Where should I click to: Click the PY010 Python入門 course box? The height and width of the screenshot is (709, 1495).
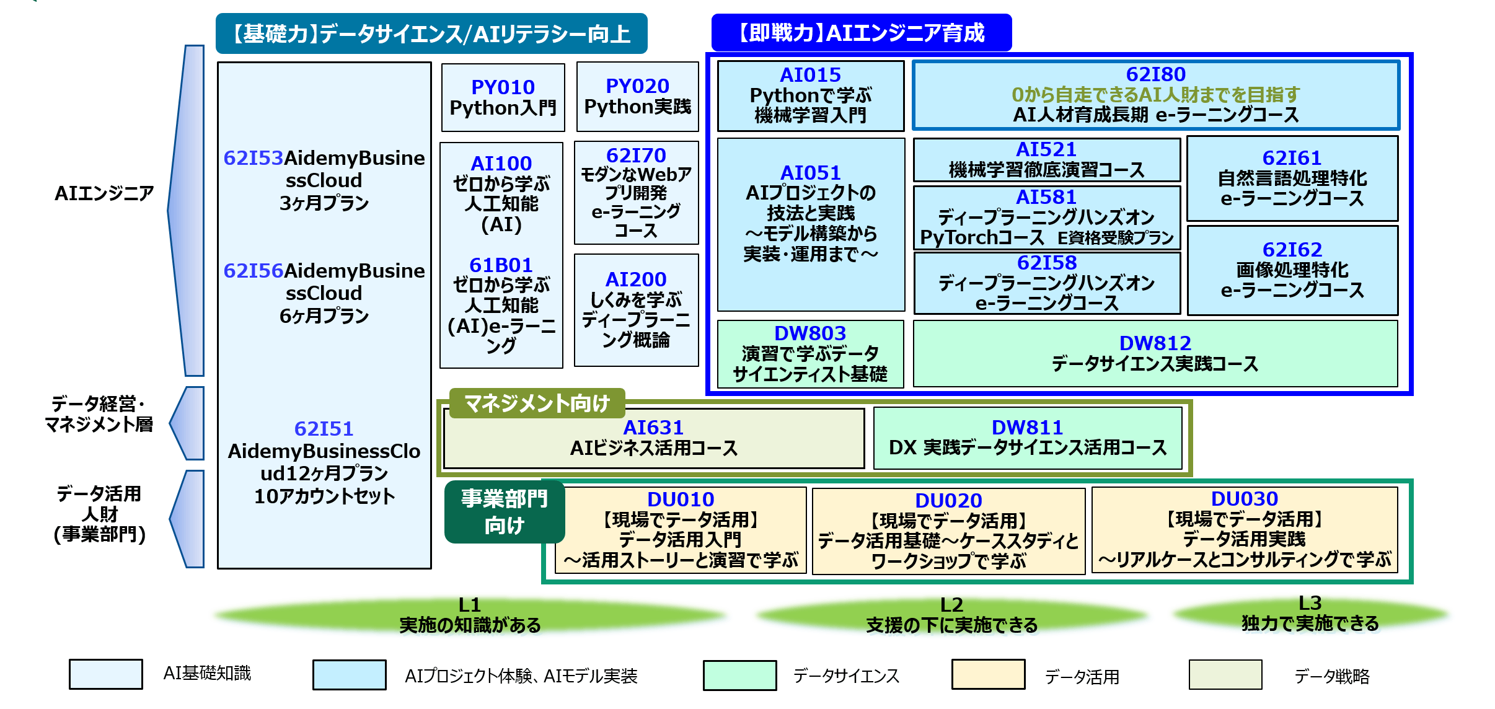[x=503, y=97]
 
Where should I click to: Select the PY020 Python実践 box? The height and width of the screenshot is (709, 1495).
[x=637, y=97]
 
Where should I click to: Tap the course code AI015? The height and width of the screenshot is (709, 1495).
[x=810, y=75]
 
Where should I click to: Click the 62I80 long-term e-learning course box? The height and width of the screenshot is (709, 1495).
[x=1155, y=95]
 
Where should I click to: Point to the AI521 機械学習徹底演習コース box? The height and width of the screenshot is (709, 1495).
[x=1046, y=160]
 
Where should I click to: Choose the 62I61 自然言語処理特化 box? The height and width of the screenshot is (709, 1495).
[x=1292, y=178]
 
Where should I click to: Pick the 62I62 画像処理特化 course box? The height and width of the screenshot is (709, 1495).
[x=1292, y=270]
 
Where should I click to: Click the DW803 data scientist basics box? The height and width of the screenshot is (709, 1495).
[x=810, y=354]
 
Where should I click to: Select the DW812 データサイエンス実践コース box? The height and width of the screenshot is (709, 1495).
[x=1155, y=354]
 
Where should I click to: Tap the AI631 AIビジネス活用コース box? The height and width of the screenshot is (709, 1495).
[x=654, y=438]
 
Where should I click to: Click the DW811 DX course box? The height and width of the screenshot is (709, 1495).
[x=1028, y=438]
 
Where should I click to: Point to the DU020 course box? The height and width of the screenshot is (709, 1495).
[x=948, y=531]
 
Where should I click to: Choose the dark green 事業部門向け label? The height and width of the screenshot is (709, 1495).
[x=505, y=512]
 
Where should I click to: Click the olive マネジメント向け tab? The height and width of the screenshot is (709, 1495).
[x=537, y=403]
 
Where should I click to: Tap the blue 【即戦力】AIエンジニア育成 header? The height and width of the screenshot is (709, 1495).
[x=862, y=32]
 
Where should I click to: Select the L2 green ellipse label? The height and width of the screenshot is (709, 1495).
[x=951, y=615]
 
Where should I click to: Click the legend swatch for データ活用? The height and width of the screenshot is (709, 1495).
[x=988, y=674]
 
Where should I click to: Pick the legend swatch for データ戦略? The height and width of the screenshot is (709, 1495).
[x=1225, y=674]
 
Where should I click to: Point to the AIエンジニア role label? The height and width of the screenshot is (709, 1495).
[x=104, y=193]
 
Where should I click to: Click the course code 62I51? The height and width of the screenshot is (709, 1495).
[x=324, y=429]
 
